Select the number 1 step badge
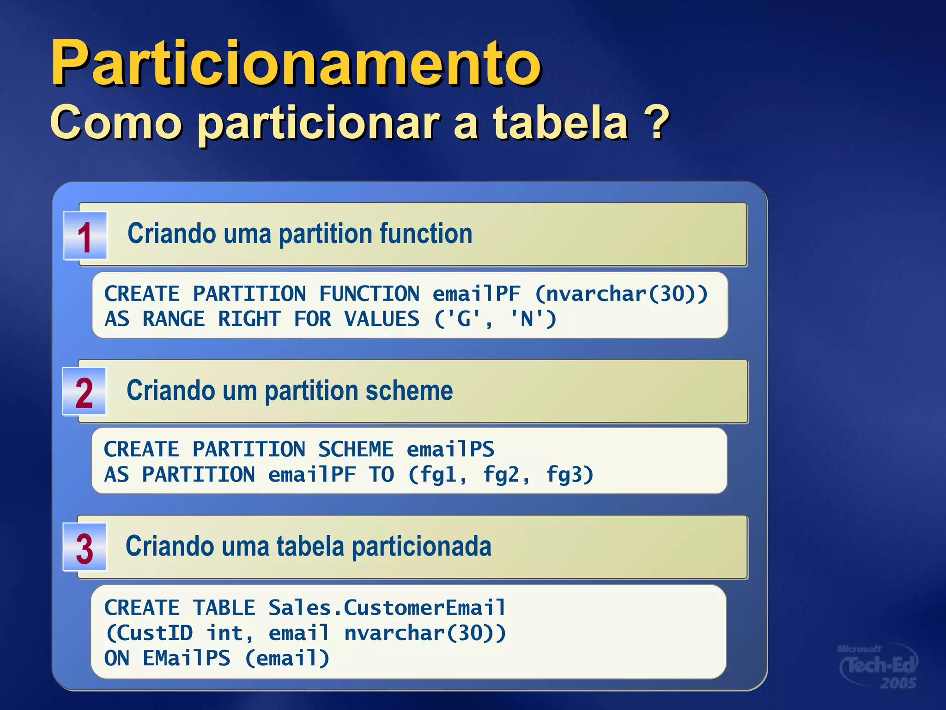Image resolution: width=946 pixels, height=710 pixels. (85, 236)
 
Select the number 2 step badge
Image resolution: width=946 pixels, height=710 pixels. (85, 392)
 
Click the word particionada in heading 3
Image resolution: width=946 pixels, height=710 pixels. (421, 546)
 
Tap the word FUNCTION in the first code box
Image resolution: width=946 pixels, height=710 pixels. (369, 294)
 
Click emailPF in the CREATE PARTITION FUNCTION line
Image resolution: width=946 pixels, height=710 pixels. (476, 294)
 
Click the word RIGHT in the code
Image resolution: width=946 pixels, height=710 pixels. (249, 319)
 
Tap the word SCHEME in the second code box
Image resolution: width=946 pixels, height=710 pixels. (355, 449)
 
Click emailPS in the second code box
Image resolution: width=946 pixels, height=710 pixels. (450, 449)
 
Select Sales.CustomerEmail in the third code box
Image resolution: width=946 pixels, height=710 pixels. (387, 607)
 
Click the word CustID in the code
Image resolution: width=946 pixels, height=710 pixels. (154, 633)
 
